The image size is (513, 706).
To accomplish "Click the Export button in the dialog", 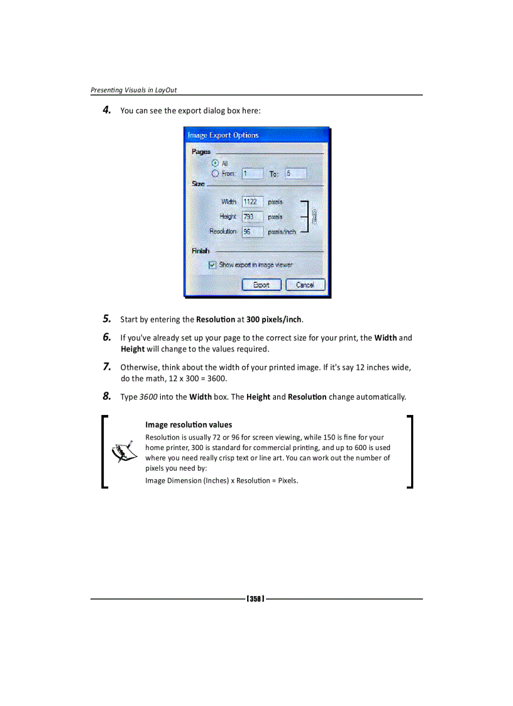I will coord(261,285).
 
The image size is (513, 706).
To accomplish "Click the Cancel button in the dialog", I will coord(305,285).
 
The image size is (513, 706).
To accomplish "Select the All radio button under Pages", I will coord(216,163).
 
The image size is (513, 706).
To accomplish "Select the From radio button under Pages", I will coord(216,173).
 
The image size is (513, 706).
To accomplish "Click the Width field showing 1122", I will coord(252,202).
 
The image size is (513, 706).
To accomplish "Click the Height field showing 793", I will coord(252,216).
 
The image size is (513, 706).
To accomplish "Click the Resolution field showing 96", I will coord(252,231).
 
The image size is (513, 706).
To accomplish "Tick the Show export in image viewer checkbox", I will coord(212,265).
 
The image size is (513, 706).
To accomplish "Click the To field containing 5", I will coord(295,174).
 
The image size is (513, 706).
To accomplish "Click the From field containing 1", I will coord(252,174).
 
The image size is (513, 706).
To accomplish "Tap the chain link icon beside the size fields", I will coord(314,217).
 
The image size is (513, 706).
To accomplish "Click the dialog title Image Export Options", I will coord(223,135).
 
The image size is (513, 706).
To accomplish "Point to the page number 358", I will coord(255,598).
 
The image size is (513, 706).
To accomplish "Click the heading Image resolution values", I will coord(189,425).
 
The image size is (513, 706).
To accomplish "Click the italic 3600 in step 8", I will coord(148,397).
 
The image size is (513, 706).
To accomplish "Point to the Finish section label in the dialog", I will coord(201,251).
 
